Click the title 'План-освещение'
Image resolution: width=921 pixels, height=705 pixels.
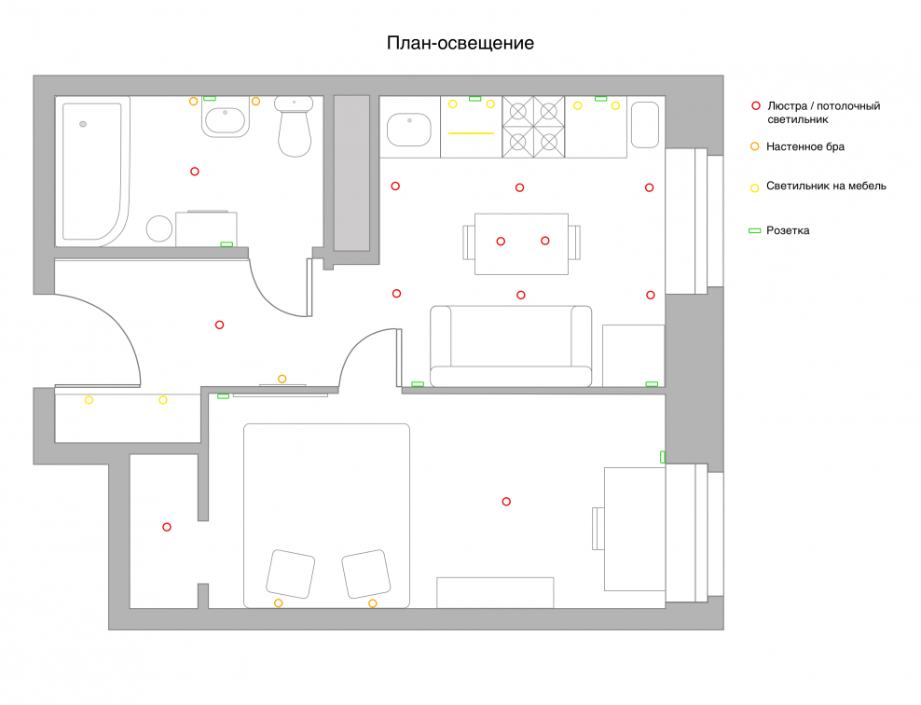[460, 44]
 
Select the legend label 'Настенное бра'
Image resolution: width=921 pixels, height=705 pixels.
[805, 147]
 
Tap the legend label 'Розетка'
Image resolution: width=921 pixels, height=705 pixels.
[788, 231]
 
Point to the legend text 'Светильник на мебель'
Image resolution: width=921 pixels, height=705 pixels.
[826, 187]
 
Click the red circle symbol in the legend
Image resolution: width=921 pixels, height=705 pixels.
[756, 105]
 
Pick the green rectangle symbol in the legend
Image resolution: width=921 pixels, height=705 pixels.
[755, 231]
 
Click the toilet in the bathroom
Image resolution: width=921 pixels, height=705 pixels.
[294, 126]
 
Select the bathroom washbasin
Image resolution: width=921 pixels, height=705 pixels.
[225, 120]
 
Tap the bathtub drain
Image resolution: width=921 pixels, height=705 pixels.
[83, 124]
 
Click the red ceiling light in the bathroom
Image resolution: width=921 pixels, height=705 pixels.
[195, 172]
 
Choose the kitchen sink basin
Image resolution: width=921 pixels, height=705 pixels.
[409, 130]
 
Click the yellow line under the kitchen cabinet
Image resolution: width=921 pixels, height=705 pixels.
[471, 133]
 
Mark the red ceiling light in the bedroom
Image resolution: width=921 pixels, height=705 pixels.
[506, 502]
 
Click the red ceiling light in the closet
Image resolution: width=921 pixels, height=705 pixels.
[167, 527]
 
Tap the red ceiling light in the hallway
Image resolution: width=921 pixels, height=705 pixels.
[219, 325]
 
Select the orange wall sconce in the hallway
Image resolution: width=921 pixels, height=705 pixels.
[282, 379]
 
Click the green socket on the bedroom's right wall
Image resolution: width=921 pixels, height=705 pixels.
[663, 457]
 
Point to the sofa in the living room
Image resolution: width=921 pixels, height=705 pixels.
[511, 346]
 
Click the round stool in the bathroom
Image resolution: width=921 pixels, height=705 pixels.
[159, 228]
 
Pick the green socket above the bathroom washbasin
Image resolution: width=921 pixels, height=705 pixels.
[210, 98]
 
